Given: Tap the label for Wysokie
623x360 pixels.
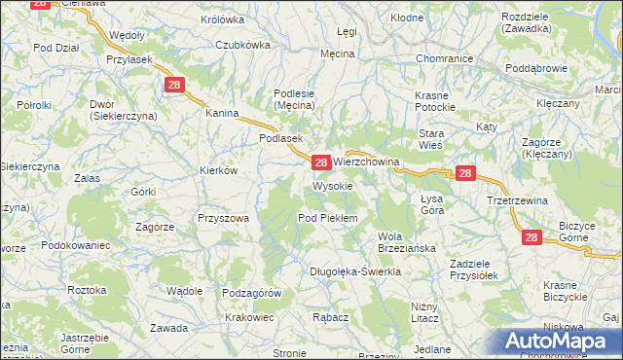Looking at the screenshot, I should (x=332, y=185).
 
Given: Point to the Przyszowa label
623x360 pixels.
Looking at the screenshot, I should (x=223, y=219).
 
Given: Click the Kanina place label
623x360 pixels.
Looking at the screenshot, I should (x=222, y=113).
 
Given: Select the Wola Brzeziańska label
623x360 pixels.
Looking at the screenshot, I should (x=405, y=242).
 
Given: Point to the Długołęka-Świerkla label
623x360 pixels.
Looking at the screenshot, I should (x=355, y=271).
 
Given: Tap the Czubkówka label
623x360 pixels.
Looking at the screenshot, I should (x=242, y=44).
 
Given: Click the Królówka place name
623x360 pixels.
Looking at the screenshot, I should (x=222, y=18).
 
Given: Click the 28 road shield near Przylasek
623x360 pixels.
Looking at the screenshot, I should (x=174, y=86).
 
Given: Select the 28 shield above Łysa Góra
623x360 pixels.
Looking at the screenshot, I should (x=465, y=173).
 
